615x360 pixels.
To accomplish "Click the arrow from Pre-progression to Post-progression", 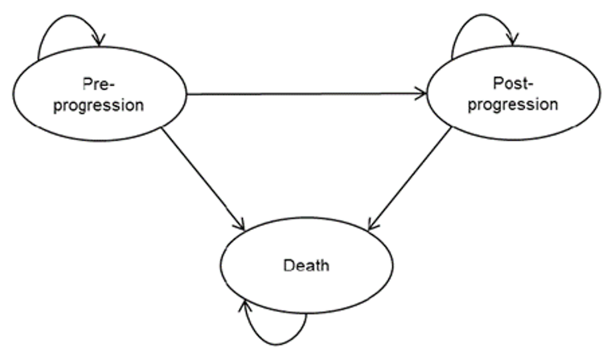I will click(305, 94).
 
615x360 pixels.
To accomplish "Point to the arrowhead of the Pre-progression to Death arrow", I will click(239, 225).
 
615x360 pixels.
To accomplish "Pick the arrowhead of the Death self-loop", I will click(244, 304).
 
